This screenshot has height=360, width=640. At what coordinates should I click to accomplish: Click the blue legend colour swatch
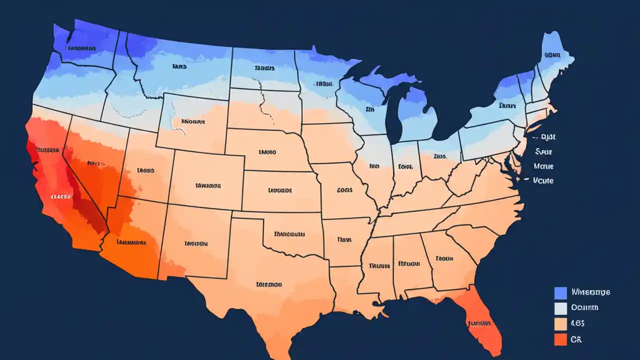click(560, 292)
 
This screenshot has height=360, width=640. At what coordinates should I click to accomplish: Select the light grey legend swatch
click(560, 308)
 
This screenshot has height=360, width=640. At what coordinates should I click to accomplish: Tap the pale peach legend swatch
click(560, 323)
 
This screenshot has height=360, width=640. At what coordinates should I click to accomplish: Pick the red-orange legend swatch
click(560, 339)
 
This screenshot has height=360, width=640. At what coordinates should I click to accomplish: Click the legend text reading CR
click(576, 339)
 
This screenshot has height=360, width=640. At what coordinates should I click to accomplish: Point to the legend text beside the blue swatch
click(590, 292)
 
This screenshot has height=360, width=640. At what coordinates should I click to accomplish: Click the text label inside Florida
click(479, 322)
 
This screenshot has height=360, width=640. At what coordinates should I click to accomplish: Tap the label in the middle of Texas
click(268, 284)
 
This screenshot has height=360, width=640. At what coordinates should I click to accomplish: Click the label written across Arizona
click(131, 242)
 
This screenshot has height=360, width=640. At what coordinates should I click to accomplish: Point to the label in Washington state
click(81, 48)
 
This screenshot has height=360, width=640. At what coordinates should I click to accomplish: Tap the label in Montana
click(179, 66)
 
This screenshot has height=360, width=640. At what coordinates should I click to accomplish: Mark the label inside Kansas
click(279, 190)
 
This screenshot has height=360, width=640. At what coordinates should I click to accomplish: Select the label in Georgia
click(444, 258)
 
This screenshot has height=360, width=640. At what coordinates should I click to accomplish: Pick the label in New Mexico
click(195, 244)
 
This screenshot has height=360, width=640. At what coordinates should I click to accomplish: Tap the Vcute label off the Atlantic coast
click(543, 180)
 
